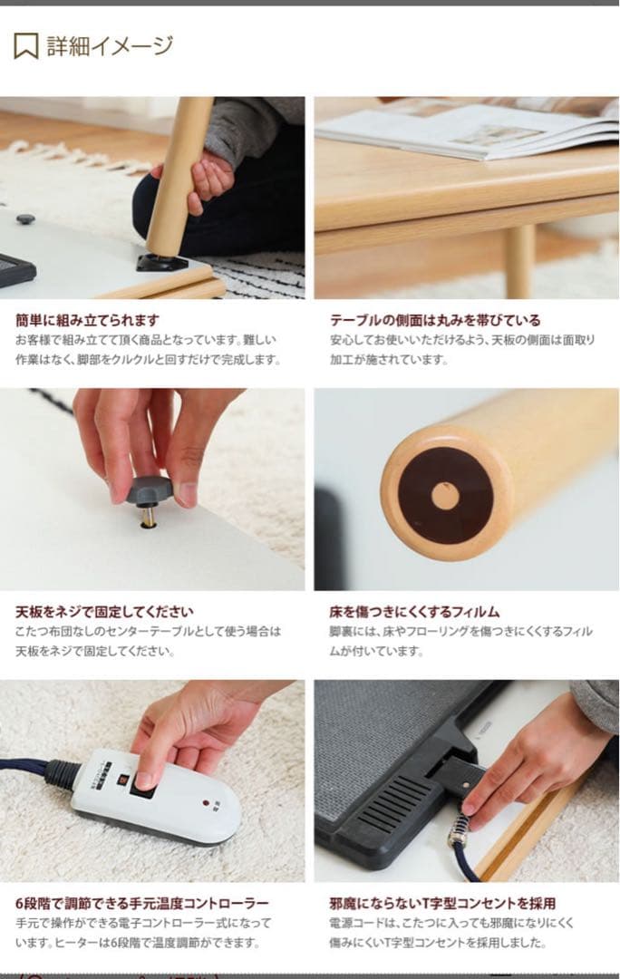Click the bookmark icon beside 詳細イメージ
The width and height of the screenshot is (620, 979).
click(25, 45)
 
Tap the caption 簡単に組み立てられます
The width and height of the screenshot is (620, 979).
click(87, 320)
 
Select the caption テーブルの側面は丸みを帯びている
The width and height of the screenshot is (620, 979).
click(434, 320)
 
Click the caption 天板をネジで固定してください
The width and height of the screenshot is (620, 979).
click(104, 612)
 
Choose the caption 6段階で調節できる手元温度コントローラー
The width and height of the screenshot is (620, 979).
click(141, 904)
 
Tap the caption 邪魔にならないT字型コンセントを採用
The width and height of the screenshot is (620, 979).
click(442, 904)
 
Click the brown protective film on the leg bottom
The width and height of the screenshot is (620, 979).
click(445, 495)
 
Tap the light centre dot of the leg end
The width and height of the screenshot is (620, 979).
click(445, 496)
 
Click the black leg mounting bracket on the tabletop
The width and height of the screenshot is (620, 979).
click(161, 263)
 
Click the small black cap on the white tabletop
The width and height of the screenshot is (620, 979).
click(25, 218)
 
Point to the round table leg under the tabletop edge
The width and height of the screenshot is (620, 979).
click(518, 260)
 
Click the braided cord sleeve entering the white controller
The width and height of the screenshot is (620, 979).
click(63, 773)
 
